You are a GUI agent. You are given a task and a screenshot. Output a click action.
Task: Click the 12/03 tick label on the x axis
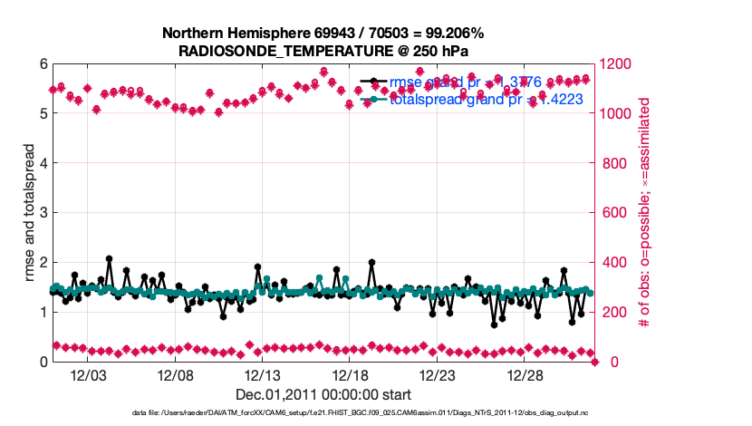tap(88, 376)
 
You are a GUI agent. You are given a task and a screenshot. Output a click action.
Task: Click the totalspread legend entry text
tap(480, 100)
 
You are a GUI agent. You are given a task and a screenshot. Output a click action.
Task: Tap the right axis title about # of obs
tap(645, 213)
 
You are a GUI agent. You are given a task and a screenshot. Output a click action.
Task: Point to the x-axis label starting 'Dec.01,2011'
tap(323, 394)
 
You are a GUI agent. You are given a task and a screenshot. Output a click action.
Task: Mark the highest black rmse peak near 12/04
tap(109, 258)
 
